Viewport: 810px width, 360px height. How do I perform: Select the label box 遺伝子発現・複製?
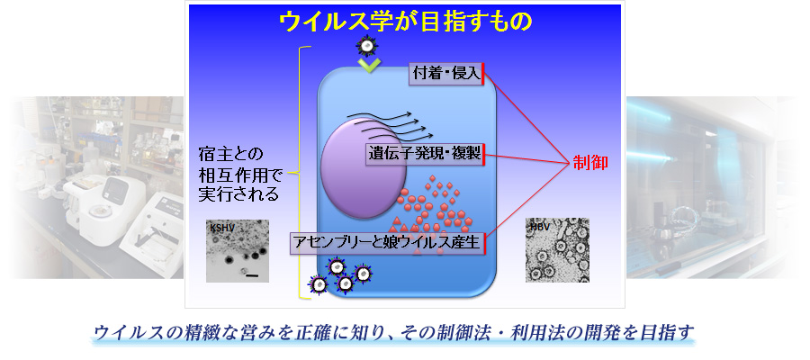[425, 154]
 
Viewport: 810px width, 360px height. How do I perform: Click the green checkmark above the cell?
[369, 65]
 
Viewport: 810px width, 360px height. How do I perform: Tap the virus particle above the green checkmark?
[365, 46]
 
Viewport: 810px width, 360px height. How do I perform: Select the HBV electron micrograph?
[557, 250]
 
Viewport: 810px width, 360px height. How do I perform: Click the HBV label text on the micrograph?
[537, 226]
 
